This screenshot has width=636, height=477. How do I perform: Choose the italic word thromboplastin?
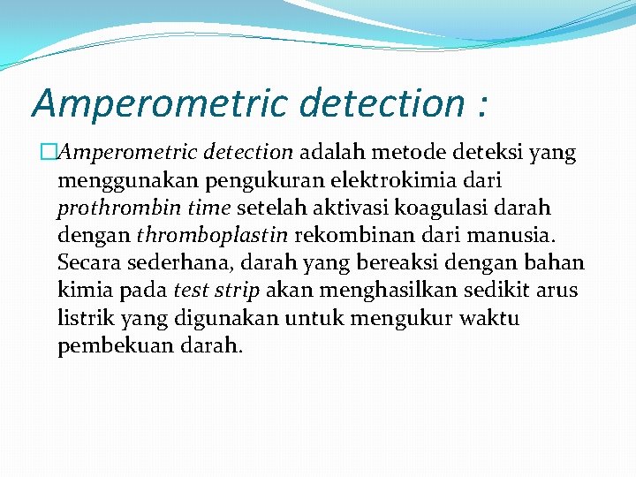212,236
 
